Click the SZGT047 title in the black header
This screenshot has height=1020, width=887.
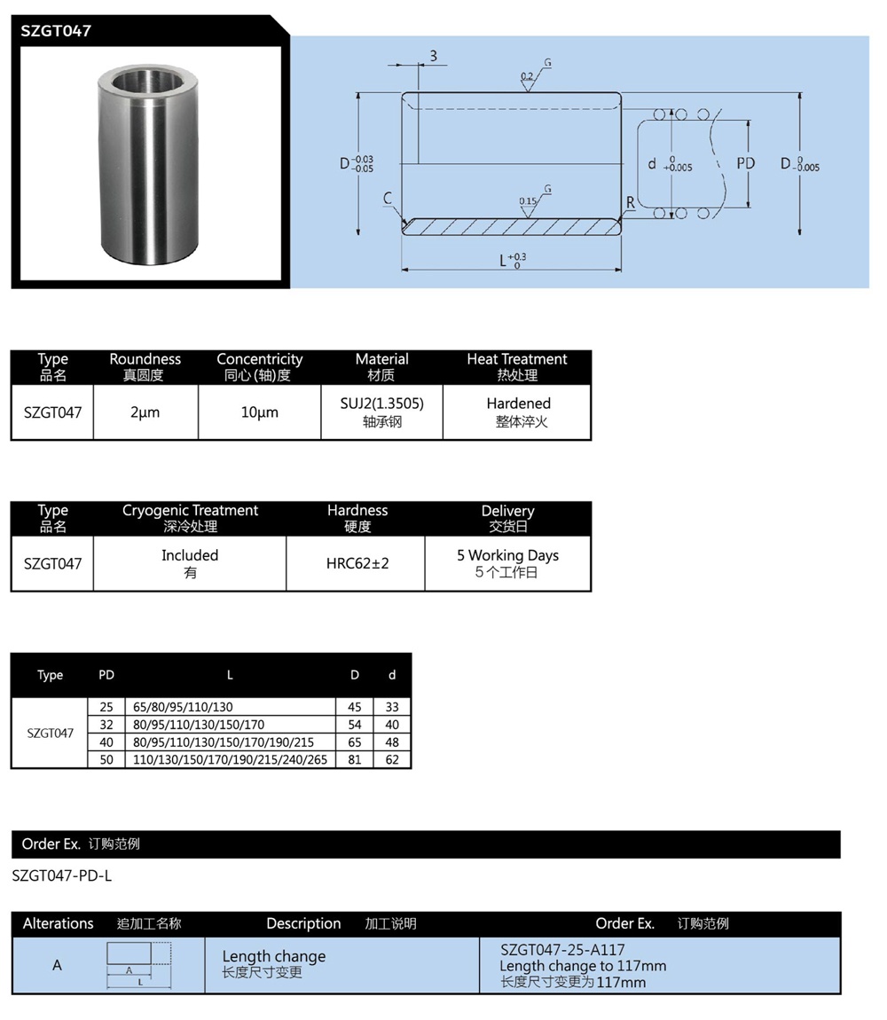point(56,30)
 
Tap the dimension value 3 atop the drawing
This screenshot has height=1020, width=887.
point(433,56)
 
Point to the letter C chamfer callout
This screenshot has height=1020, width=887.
point(388,200)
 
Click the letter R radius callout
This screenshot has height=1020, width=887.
point(631,202)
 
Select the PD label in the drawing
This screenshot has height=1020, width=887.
point(745,163)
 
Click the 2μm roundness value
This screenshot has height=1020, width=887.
point(145,412)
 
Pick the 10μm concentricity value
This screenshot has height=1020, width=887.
point(259,412)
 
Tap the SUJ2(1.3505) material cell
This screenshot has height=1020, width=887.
point(381,404)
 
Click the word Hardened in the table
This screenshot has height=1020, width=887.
point(518,404)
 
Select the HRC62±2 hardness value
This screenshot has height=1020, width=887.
point(357,563)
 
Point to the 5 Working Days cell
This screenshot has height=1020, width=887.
point(507,555)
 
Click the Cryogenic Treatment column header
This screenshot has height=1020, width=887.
point(190,511)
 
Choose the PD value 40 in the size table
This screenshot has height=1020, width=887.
point(106,741)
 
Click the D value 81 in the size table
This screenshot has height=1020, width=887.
point(355,759)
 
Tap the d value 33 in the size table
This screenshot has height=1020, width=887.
point(392,707)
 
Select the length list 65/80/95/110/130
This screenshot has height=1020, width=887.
point(183,707)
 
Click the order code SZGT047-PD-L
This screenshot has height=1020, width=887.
point(62,875)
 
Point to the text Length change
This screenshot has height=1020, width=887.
point(273,956)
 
